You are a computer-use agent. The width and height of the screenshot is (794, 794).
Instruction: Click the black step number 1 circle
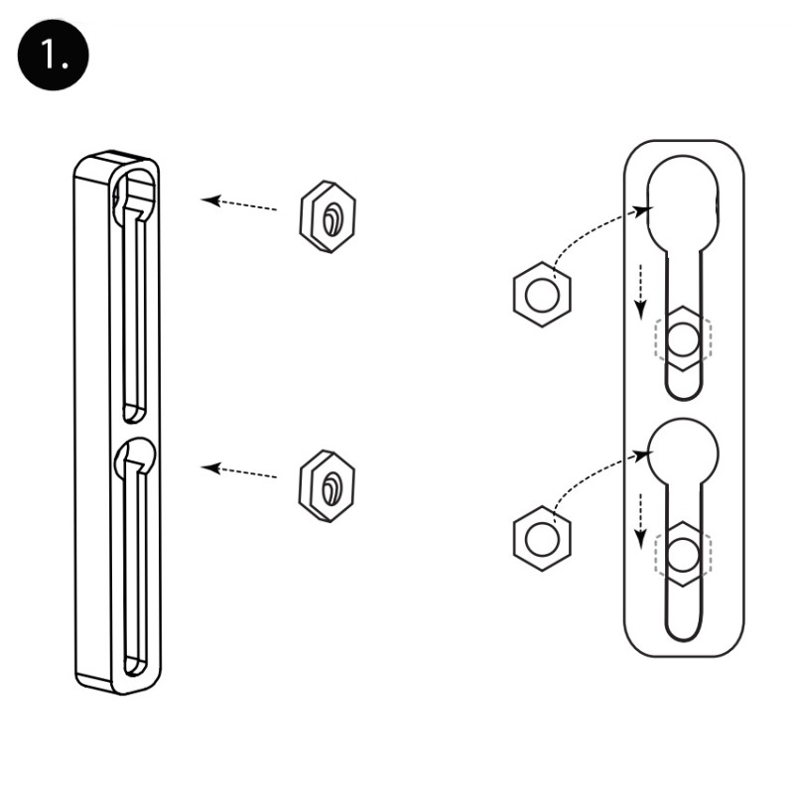[x=54, y=55]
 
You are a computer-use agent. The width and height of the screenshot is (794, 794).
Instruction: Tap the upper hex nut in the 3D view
[x=328, y=216]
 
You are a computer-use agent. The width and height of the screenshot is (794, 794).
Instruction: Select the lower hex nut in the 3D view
[x=328, y=485]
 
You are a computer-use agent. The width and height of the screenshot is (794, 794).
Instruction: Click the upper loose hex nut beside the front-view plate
[x=542, y=294]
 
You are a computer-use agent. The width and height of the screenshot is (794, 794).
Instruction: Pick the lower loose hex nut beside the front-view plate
[x=542, y=538]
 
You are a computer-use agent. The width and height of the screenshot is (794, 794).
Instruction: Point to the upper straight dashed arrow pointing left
[x=239, y=203]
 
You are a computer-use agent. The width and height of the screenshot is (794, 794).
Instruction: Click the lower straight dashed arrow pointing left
[x=239, y=471]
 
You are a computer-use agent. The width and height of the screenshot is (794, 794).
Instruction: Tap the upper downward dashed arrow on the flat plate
[x=641, y=292]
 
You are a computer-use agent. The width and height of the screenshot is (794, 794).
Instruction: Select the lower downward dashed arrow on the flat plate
[x=641, y=521]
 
